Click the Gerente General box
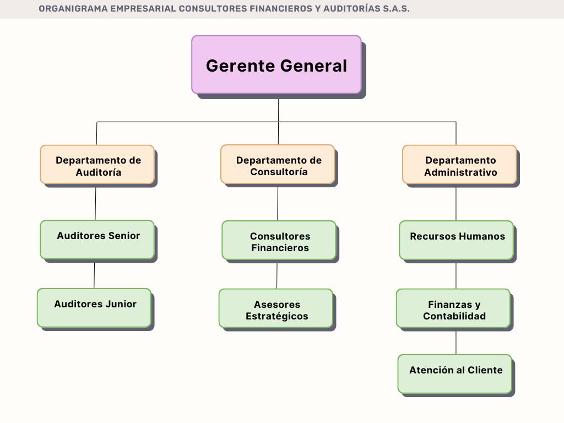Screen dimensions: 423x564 point(276,65)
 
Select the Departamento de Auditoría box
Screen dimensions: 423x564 point(97,164)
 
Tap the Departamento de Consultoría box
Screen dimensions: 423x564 point(278,164)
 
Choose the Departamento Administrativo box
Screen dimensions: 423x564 point(459,164)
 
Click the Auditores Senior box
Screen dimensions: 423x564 point(97,240)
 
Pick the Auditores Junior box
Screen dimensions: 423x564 point(94,307)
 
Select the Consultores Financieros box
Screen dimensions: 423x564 point(279,240)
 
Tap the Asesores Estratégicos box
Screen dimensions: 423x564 point(276,308)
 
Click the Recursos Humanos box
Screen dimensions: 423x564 point(457,240)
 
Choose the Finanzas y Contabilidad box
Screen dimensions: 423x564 point(453,308)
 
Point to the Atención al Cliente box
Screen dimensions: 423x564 point(455,373)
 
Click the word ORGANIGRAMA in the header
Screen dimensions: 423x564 point(73,9)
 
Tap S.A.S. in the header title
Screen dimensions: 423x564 point(396,9)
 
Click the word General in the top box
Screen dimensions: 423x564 point(313,66)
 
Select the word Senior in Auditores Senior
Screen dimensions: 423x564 point(124,236)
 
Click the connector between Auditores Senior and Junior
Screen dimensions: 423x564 point(94,274)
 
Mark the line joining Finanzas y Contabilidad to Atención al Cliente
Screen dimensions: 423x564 point(456,341)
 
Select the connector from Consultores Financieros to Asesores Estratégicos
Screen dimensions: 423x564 point(277,274)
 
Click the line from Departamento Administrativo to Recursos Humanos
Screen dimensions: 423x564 point(456,203)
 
